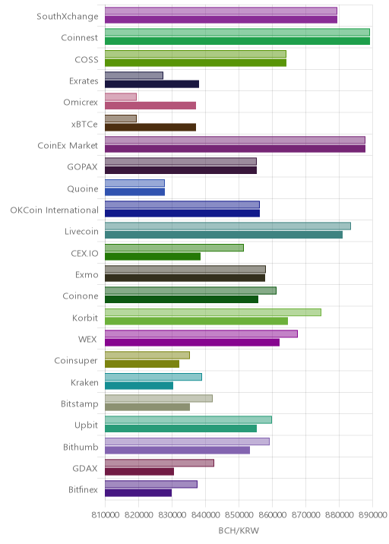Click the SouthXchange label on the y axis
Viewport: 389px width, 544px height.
(x=68, y=16)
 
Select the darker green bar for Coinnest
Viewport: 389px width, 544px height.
(x=237, y=41)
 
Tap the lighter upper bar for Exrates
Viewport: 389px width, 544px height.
(x=134, y=75)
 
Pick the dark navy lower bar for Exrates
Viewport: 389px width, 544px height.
(x=152, y=84)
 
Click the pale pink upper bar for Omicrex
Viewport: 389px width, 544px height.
(x=121, y=96)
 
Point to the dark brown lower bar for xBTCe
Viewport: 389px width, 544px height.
(x=150, y=127)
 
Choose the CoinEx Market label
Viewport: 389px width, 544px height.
(x=68, y=145)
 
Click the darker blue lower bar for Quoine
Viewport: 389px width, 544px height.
(x=135, y=192)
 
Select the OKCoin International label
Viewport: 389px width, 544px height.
(x=55, y=210)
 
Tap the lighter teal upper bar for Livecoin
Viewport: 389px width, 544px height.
(x=228, y=226)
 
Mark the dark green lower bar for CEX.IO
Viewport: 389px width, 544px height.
(x=153, y=256)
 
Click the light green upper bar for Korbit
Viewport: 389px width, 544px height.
(x=213, y=312)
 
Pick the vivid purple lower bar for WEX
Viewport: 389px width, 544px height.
(x=192, y=343)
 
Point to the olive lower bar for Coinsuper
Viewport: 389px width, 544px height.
(x=142, y=364)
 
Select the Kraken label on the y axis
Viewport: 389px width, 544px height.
(x=84, y=382)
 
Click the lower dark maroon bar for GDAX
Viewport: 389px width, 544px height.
(x=140, y=472)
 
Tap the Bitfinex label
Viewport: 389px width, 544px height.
(x=84, y=489)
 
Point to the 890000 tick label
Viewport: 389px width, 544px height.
(x=373, y=514)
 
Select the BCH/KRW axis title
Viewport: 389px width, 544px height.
(x=239, y=530)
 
